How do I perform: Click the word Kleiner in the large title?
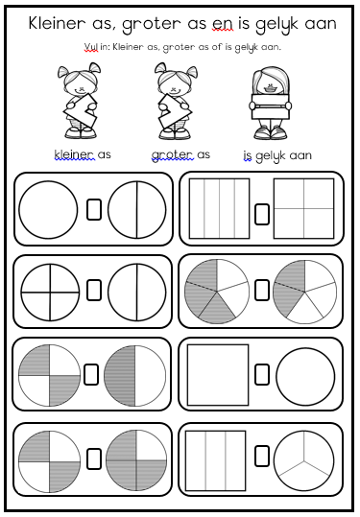[x=57, y=23]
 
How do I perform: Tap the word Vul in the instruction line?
[x=91, y=47]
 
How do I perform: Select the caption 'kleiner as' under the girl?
[x=83, y=154]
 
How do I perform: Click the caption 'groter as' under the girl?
[x=180, y=154]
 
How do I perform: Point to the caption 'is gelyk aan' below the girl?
[x=277, y=155]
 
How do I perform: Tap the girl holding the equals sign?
[x=271, y=104]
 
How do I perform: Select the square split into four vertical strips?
[x=219, y=208]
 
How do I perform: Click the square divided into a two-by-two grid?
[x=304, y=208]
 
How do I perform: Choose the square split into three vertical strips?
[x=215, y=460]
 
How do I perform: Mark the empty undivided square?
[x=218, y=375]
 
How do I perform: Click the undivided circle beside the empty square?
[x=305, y=377]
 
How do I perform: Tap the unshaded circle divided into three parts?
[x=303, y=460]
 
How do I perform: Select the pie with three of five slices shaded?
[x=217, y=292]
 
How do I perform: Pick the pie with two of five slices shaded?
[x=305, y=293]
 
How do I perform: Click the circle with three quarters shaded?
[x=136, y=461]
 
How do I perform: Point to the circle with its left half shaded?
[x=135, y=376]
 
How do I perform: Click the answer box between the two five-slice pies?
[x=262, y=290]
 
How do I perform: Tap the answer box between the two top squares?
[x=262, y=214]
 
